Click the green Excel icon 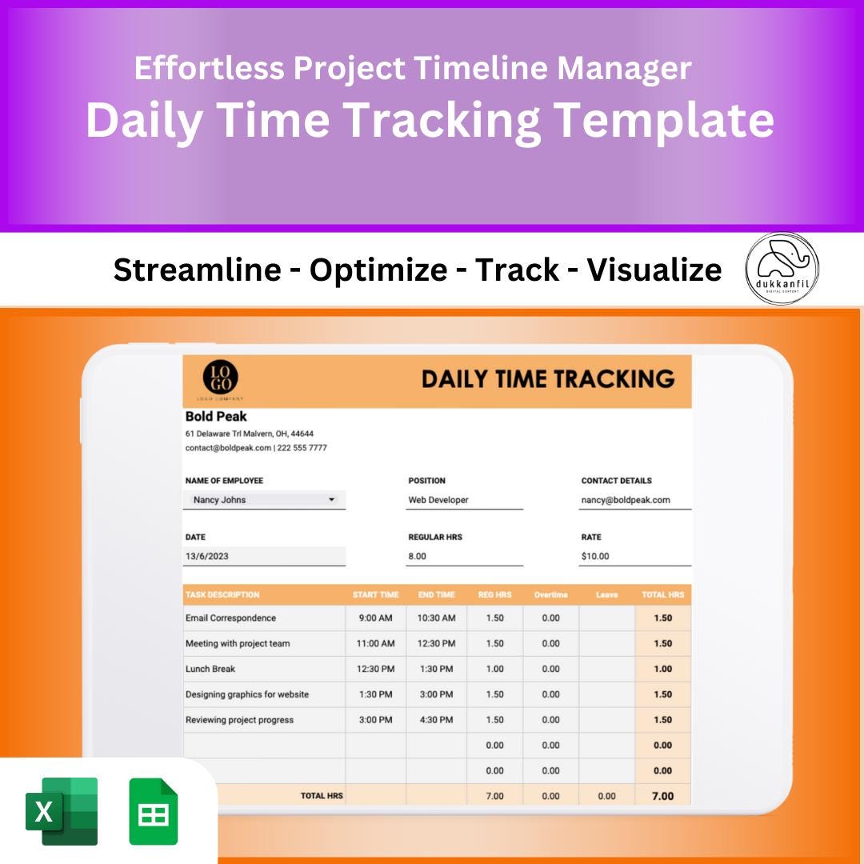(62, 810)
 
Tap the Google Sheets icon (154, 810)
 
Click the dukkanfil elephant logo (782, 268)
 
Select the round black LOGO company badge (220, 378)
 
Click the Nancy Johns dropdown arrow (332, 500)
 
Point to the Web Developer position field (438, 500)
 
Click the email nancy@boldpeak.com (626, 500)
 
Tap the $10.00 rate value (595, 556)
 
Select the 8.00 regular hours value (418, 556)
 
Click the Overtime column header (550, 594)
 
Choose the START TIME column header (375, 594)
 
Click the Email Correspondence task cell (230, 618)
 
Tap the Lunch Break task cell (210, 669)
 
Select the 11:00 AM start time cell (375, 643)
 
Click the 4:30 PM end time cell (436, 720)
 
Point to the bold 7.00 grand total (662, 796)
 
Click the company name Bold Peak (216, 416)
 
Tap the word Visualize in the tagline (654, 270)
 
